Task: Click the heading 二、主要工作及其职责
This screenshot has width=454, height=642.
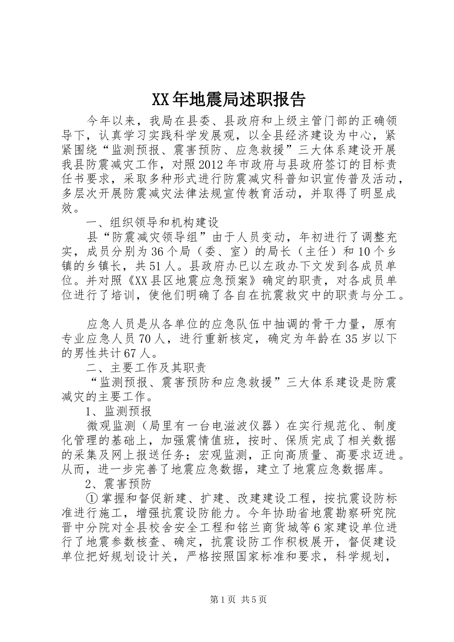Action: click(145, 368)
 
